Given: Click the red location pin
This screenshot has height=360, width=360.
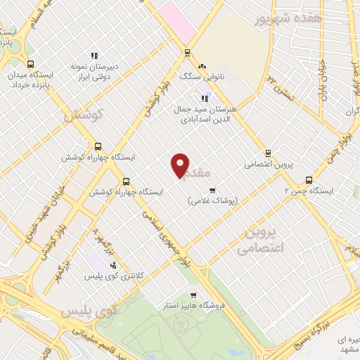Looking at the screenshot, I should (181, 165).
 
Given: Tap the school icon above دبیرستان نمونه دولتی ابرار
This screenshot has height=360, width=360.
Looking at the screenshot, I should (94, 56).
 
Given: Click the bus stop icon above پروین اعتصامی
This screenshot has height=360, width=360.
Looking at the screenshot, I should (267, 153).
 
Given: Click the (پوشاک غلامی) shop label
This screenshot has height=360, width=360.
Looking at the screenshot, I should (212, 200).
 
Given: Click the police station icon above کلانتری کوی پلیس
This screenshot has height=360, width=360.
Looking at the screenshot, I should (113, 264).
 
